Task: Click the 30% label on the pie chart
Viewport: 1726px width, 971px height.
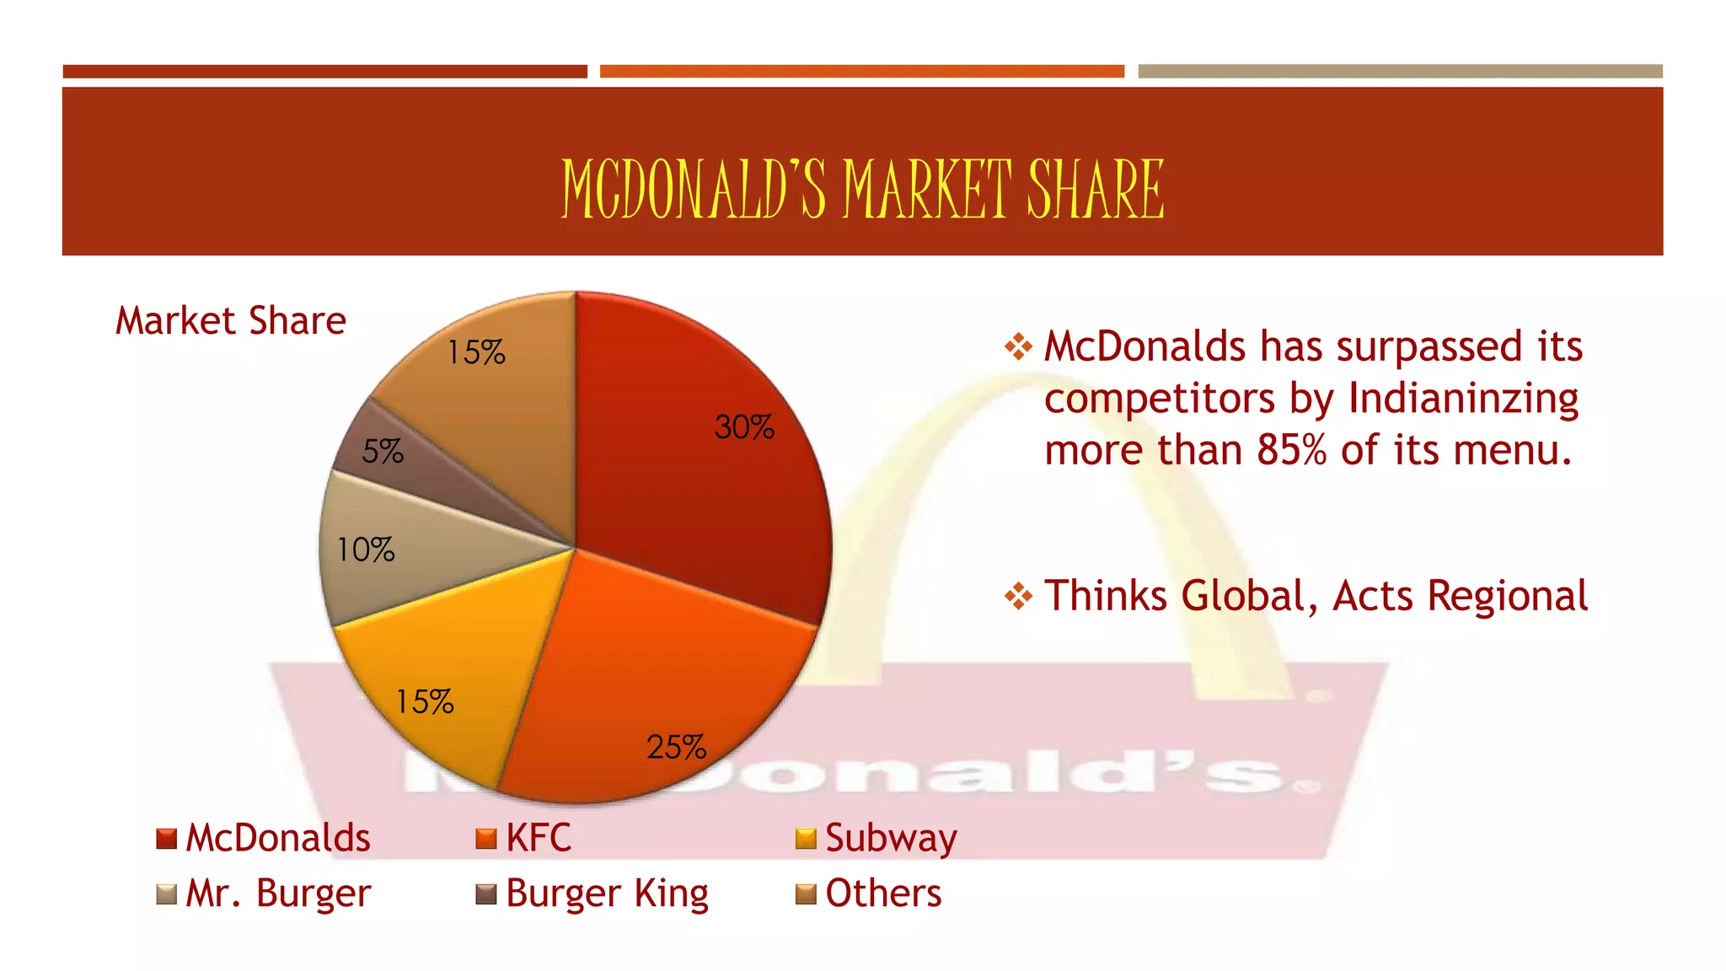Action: pyautogui.click(x=744, y=427)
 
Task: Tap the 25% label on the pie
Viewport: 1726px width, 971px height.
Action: pyautogui.click(x=676, y=747)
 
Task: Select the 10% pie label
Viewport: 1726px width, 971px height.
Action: pyautogui.click(x=366, y=550)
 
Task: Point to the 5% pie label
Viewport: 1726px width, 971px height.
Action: pyautogui.click(x=383, y=452)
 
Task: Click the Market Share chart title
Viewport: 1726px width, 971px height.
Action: pyautogui.click(x=231, y=321)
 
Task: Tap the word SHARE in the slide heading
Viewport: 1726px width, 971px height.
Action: pyautogui.click(x=1096, y=190)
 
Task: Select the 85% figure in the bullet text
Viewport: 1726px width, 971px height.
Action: pyautogui.click(x=1292, y=451)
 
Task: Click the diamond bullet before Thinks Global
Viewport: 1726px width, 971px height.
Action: pyautogui.click(x=1018, y=597)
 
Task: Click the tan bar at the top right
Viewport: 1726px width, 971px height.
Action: pyautogui.click(x=1400, y=72)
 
